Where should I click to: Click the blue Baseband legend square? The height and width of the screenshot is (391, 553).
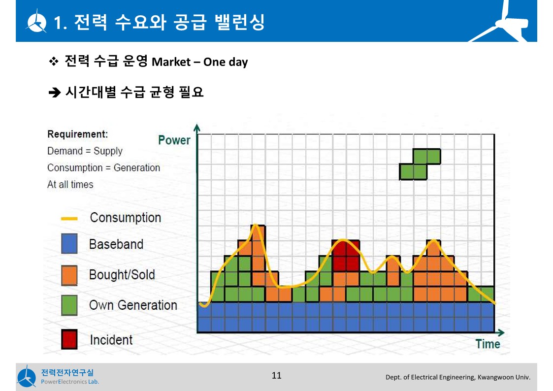point(69,244)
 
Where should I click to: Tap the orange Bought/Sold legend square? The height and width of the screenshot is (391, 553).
point(69,275)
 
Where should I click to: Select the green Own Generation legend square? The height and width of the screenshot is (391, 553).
point(69,305)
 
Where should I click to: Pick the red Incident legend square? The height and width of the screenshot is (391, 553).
point(69,339)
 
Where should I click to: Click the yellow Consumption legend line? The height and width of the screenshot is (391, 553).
point(69,219)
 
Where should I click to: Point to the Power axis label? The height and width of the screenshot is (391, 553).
point(174,140)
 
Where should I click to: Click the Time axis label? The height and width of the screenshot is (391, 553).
point(488,344)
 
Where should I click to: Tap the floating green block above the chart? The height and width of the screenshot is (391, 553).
point(420,164)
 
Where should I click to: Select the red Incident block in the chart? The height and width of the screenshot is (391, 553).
point(346,256)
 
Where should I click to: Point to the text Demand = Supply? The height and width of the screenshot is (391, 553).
point(85,151)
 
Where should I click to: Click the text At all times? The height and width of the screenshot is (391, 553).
point(70,184)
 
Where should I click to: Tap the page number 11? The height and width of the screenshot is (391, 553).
point(277,375)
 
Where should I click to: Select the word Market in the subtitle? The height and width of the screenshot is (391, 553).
point(171,62)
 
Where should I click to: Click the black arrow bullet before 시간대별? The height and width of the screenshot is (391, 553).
point(55,93)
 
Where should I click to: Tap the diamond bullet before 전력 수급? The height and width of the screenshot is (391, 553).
point(54,62)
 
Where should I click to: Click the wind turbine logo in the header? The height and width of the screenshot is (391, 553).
point(36,22)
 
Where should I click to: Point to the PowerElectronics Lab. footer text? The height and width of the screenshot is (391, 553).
point(70,382)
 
